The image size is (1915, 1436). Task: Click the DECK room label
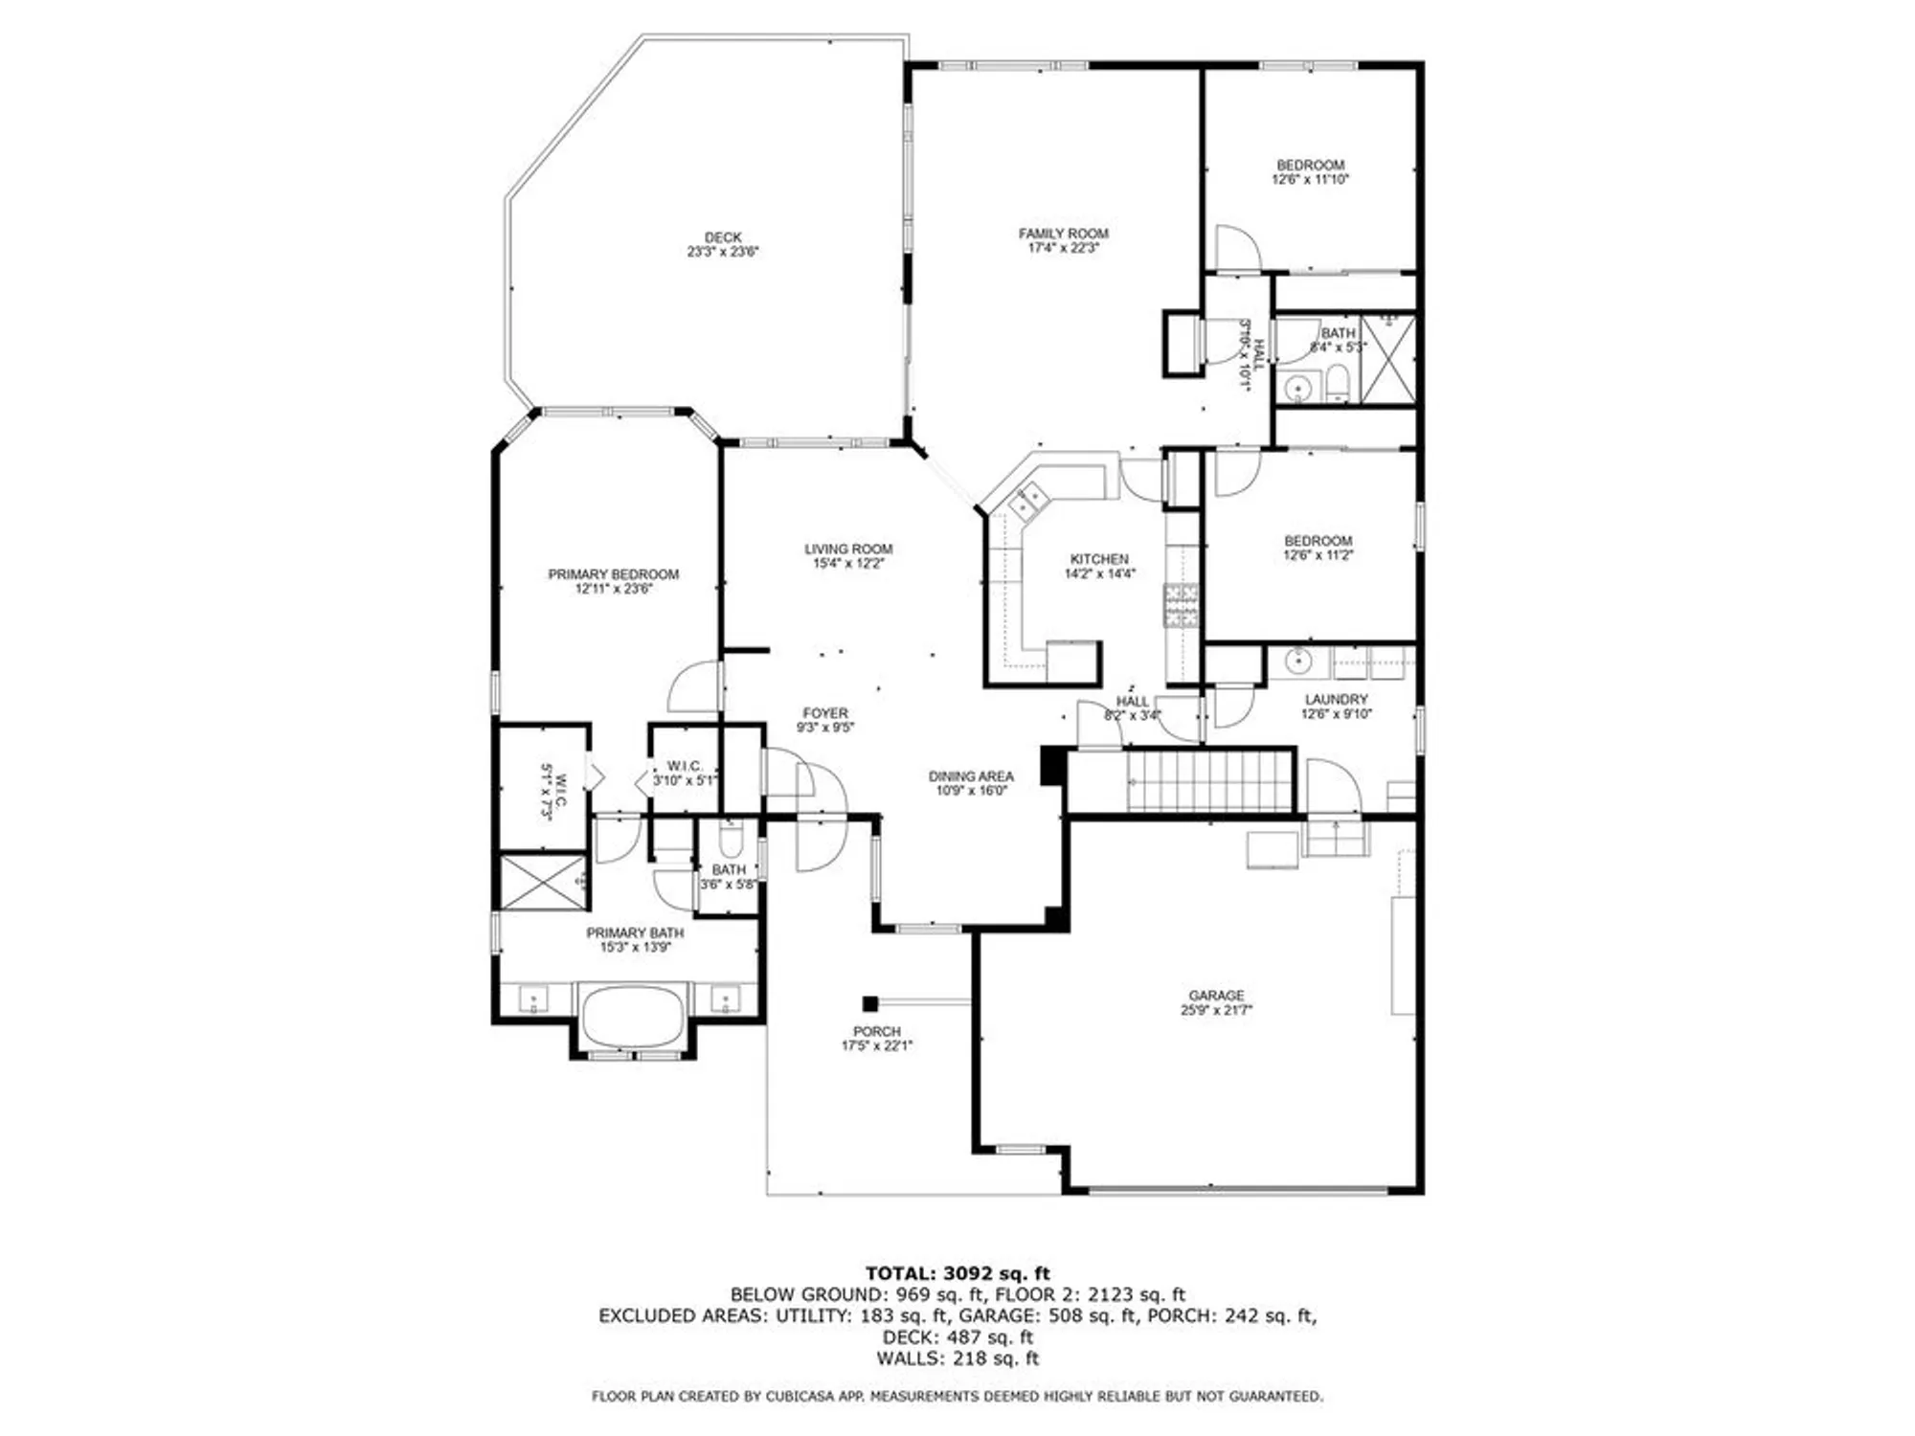pyautogui.click(x=723, y=237)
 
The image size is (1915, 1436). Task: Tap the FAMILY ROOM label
pyautogui.click(x=1063, y=234)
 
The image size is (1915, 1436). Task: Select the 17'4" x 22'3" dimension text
pyautogui.click(x=1063, y=248)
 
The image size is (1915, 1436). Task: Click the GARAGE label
pyautogui.click(x=1216, y=996)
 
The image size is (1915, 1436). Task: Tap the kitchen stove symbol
pyautogui.click(x=1182, y=606)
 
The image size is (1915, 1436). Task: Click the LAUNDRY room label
pyautogui.click(x=1336, y=700)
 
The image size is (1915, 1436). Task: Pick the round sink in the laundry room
pyautogui.click(x=1297, y=661)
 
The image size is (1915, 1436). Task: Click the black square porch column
pyautogui.click(x=869, y=1003)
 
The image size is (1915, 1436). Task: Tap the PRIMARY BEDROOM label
pyautogui.click(x=613, y=574)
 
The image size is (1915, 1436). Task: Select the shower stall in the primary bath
pyautogui.click(x=543, y=882)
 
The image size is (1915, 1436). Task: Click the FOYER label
pyautogui.click(x=825, y=713)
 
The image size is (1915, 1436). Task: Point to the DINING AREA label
pyautogui.click(x=970, y=776)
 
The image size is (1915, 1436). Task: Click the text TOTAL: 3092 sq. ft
pyautogui.click(x=957, y=1273)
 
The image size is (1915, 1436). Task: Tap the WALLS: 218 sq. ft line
pyautogui.click(x=957, y=1358)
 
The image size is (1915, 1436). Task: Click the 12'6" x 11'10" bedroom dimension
pyautogui.click(x=1310, y=179)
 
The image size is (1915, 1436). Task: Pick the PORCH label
pyautogui.click(x=876, y=1031)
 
